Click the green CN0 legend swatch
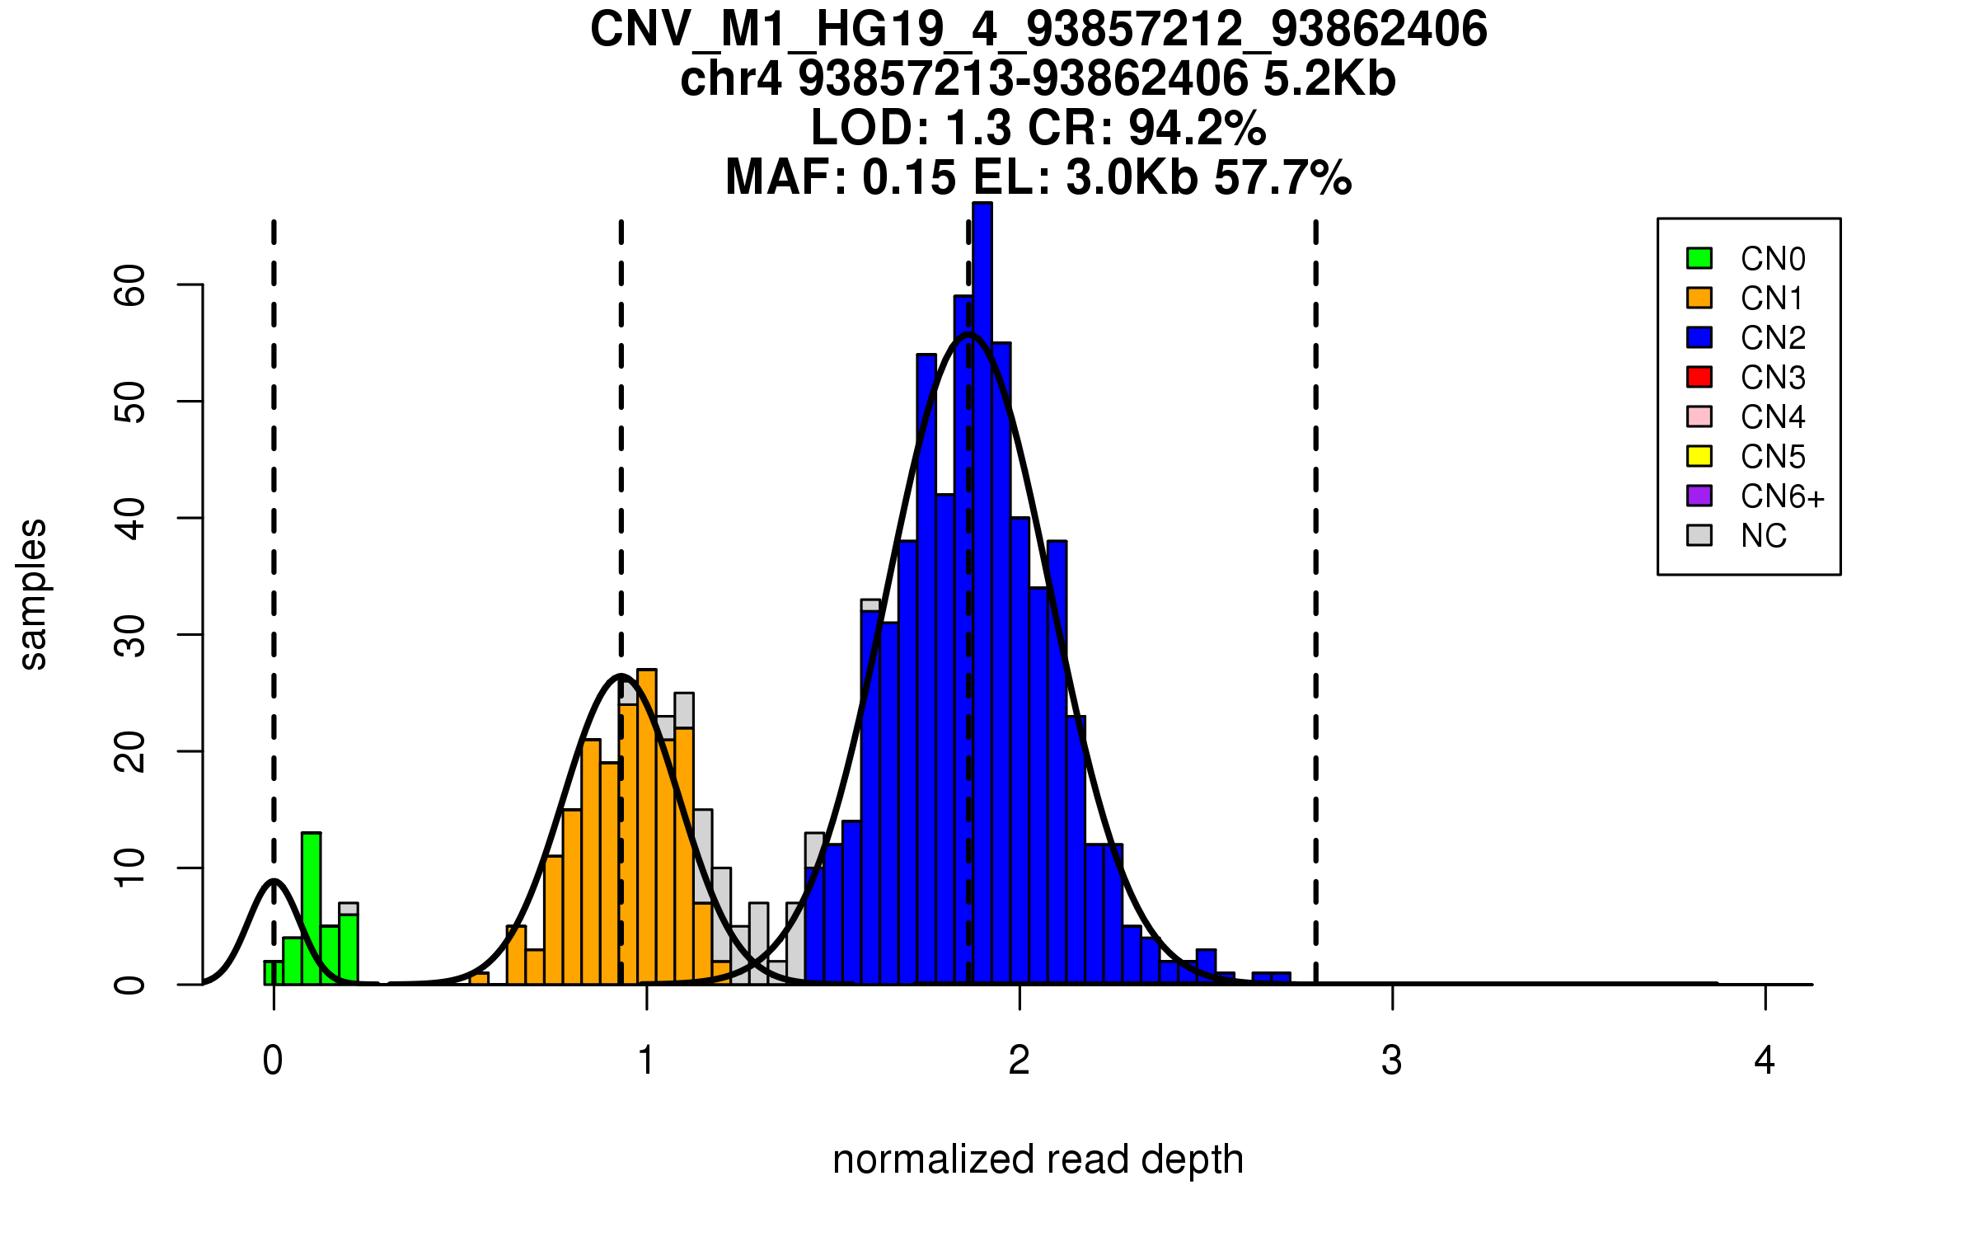click(1699, 258)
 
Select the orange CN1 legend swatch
click(1699, 298)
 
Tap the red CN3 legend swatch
click(1699, 377)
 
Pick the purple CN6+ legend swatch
click(1699, 496)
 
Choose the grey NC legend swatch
click(1699, 535)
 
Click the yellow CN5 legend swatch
click(1699, 456)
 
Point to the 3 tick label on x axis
click(1392, 1061)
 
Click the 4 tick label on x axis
click(1765, 1061)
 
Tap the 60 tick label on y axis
click(130, 285)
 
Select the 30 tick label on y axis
click(130, 635)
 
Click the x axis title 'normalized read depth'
click(1038, 1159)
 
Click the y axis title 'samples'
click(33, 594)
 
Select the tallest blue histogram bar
click(982, 594)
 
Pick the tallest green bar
click(311, 907)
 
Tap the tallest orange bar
click(647, 825)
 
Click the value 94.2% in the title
click(1197, 128)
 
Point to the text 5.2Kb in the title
click(1329, 79)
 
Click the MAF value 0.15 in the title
click(910, 177)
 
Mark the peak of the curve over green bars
click(274, 881)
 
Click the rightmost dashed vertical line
click(1315, 602)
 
